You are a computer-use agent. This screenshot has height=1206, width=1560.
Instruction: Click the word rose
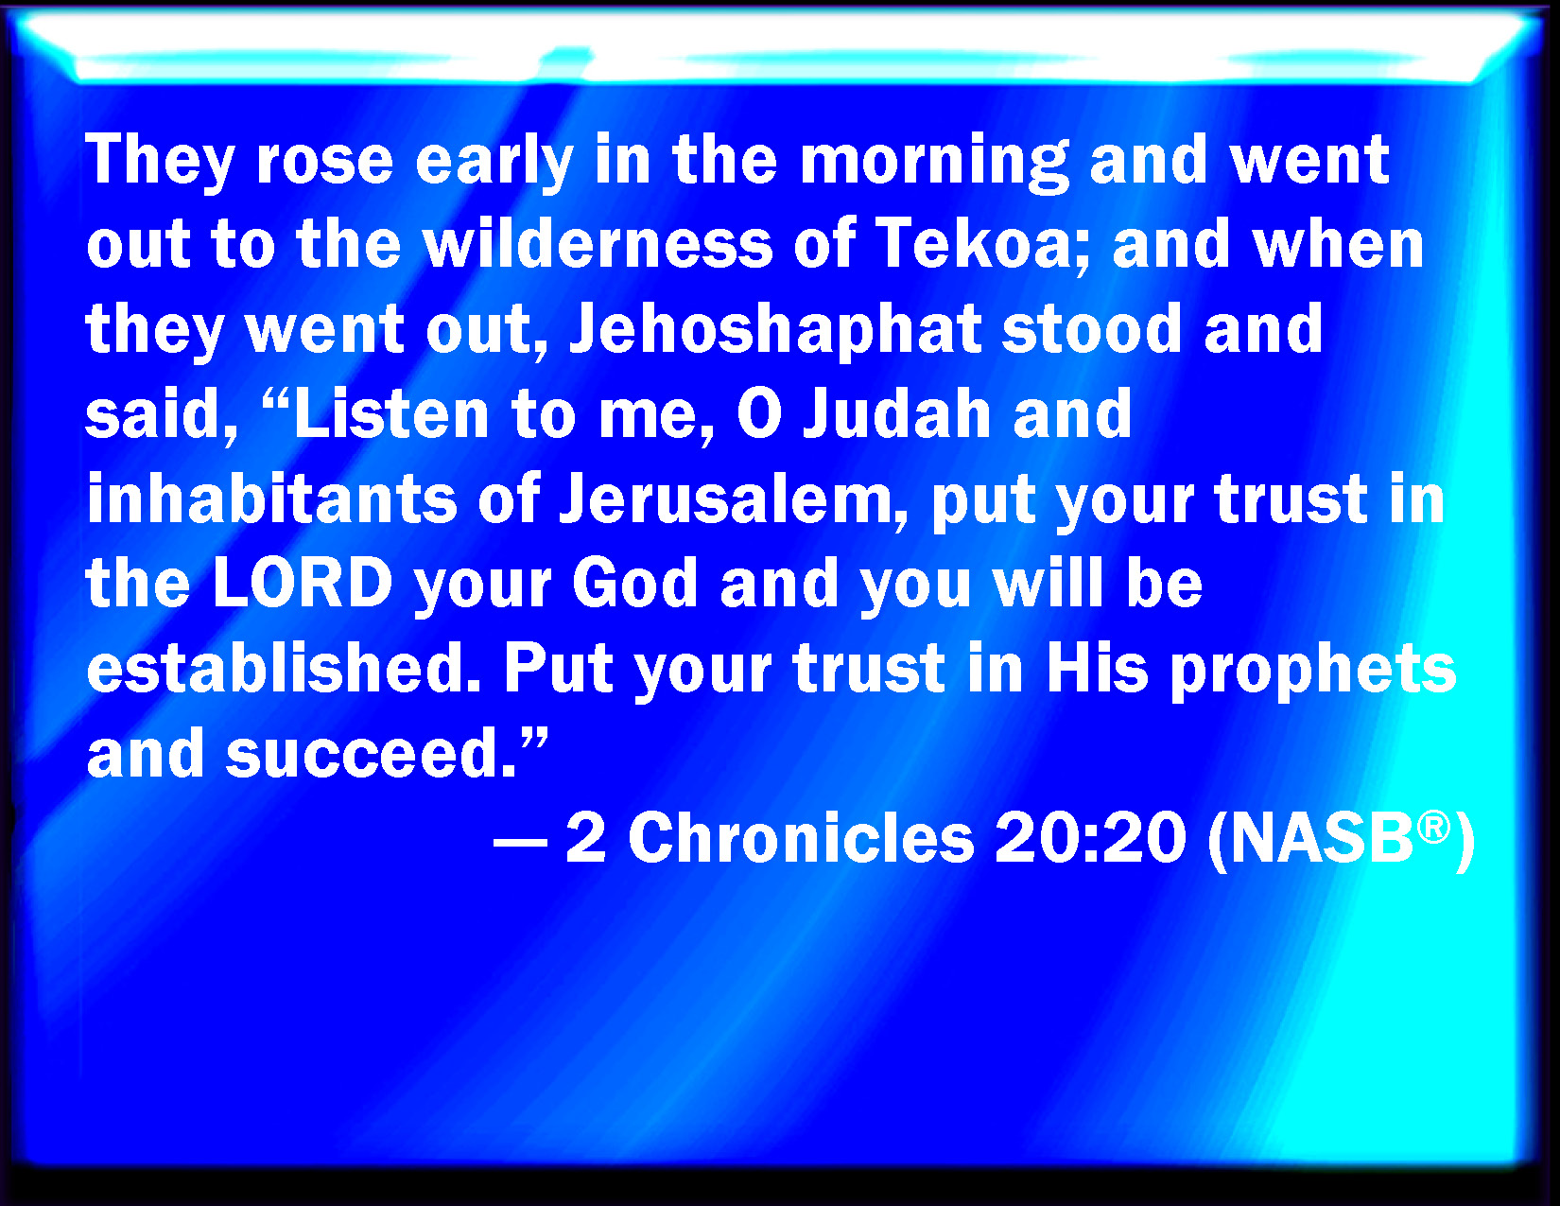tap(324, 160)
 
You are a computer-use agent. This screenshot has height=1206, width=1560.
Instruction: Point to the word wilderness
tap(598, 244)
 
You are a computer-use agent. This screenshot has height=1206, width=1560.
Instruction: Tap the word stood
tap(1091, 329)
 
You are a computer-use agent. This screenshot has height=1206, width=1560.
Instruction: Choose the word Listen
tap(392, 413)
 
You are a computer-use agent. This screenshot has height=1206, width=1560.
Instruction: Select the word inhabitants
tap(271, 497)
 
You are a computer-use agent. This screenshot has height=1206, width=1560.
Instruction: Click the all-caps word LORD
tap(303, 583)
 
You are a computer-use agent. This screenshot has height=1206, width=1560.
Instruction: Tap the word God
tap(634, 583)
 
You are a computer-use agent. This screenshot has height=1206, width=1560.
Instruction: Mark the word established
tap(283, 667)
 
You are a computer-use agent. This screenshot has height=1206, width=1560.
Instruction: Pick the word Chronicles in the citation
tap(801, 837)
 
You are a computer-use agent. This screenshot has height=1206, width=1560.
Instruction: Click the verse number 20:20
tap(1090, 838)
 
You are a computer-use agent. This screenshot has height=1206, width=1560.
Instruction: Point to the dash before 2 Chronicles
tap(521, 840)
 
